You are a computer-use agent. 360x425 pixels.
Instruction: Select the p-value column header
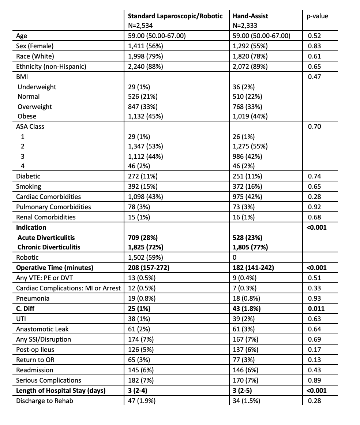click(x=317, y=16)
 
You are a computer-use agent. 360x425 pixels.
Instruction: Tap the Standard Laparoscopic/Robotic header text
click(x=175, y=16)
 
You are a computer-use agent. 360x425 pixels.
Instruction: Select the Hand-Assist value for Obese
click(x=250, y=116)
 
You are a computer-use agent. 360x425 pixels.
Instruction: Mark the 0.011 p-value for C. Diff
click(x=316, y=309)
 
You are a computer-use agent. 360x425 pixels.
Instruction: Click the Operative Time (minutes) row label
click(x=55, y=268)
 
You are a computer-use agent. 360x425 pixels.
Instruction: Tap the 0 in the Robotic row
click(x=235, y=257)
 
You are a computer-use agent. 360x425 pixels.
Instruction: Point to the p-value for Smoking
click(x=314, y=187)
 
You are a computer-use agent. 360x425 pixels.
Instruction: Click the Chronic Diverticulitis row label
click(x=49, y=247)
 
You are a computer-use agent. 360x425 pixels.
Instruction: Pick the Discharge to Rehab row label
click(x=44, y=401)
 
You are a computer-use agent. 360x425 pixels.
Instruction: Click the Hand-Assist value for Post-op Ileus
click(x=247, y=350)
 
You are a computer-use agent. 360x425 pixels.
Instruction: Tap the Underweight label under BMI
click(x=37, y=87)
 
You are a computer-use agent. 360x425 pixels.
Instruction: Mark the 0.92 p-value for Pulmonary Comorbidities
click(x=314, y=207)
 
